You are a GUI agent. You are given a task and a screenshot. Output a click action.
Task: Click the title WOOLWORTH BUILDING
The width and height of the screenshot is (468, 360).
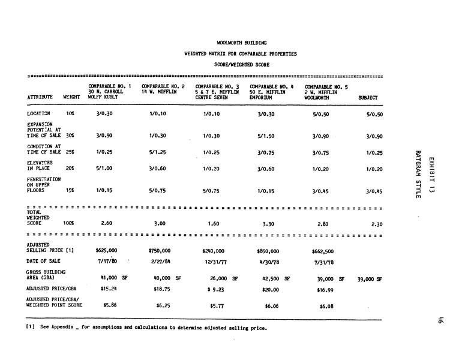[242, 43]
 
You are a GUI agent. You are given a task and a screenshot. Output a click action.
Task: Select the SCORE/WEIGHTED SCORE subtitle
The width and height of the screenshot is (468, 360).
[242, 64]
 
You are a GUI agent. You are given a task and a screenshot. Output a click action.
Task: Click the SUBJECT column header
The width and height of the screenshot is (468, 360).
[368, 97]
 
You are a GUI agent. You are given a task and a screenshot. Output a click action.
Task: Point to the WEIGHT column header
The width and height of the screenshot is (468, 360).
[71, 97]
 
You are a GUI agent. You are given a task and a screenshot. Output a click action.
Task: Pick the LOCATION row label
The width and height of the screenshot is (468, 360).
[39, 113]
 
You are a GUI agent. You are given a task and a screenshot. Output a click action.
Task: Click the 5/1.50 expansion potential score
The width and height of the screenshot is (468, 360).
[265, 136]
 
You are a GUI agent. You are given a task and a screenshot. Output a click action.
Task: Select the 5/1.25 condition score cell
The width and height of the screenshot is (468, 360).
[157, 152]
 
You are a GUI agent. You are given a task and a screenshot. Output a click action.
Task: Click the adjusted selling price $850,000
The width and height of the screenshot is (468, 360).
[268, 251]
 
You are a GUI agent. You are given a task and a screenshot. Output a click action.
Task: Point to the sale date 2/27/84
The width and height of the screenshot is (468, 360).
[159, 262]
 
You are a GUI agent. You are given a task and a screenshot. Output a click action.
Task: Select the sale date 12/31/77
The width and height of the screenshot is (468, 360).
[214, 262]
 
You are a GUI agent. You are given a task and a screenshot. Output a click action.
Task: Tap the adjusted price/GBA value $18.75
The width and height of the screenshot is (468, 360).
[159, 289]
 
